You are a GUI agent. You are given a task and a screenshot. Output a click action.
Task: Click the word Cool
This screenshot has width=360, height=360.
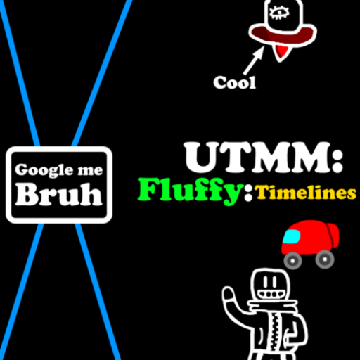234,82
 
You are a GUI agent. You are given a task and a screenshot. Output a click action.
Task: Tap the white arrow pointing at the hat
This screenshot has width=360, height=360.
254,60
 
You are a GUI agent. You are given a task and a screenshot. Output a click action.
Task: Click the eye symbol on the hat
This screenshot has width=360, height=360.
279,13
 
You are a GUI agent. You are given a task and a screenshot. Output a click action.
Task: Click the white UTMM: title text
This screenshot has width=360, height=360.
264,157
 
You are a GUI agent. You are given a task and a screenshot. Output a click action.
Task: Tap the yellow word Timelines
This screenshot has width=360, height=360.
305,193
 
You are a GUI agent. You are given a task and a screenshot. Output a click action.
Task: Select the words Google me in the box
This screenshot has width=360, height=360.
59,169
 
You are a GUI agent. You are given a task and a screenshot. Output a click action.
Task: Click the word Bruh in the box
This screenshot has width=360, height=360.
59,194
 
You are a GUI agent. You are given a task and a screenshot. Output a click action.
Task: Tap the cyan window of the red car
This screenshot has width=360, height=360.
292,237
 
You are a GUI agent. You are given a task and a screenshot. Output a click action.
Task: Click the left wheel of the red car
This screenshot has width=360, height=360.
292,260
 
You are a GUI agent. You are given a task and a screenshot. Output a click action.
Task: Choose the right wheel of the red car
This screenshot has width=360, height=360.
325,259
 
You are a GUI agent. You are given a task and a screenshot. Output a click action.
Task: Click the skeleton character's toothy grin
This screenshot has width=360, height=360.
269,294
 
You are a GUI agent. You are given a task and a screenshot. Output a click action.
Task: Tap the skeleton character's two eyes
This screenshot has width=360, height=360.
268,281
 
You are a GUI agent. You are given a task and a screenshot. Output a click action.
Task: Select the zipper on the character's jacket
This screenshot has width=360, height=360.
274,336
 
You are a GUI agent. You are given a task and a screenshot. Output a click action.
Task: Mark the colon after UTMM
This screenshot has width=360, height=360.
337,158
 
